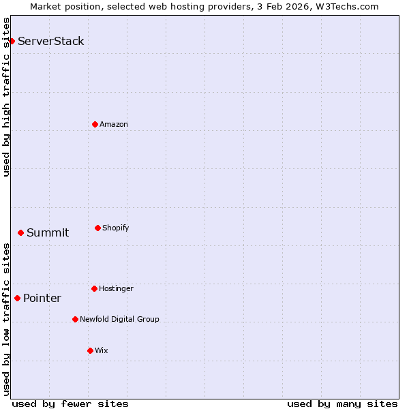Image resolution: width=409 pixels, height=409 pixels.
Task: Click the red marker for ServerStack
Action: tap(12, 42)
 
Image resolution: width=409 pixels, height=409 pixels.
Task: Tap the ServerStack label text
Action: tap(51, 42)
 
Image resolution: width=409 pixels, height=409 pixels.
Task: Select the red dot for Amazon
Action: tap(95, 124)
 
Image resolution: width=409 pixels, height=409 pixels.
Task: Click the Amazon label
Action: tap(114, 124)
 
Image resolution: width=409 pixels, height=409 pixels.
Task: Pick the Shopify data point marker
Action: tap(97, 228)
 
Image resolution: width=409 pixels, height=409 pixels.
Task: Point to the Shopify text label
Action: tap(116, 228)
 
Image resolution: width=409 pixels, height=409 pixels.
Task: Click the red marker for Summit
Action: tap(20, 232)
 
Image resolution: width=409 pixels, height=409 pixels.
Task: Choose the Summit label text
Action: tap(48, 233)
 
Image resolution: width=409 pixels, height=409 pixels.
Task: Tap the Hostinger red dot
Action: tap(94, 288)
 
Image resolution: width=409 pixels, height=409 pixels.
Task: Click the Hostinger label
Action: tap(117, 288)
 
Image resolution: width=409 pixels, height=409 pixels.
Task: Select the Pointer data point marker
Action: tap(17, 298)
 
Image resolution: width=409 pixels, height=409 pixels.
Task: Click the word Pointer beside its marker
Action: tap(42, 299)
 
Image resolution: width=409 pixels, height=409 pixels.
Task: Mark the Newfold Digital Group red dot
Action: tap(75, 319)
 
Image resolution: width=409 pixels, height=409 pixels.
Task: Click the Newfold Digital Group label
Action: tap(119, 319)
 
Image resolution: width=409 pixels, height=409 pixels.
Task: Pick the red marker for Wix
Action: tap(90, 350)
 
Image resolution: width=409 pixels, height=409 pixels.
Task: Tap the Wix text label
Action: tap(102, 350)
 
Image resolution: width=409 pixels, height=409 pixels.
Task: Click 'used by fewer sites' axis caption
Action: tap(70, 404)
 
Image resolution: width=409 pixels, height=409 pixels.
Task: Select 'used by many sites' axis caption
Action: tap(342, 404)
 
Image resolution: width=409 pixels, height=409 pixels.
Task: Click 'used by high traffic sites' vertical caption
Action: tap(6, 97)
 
